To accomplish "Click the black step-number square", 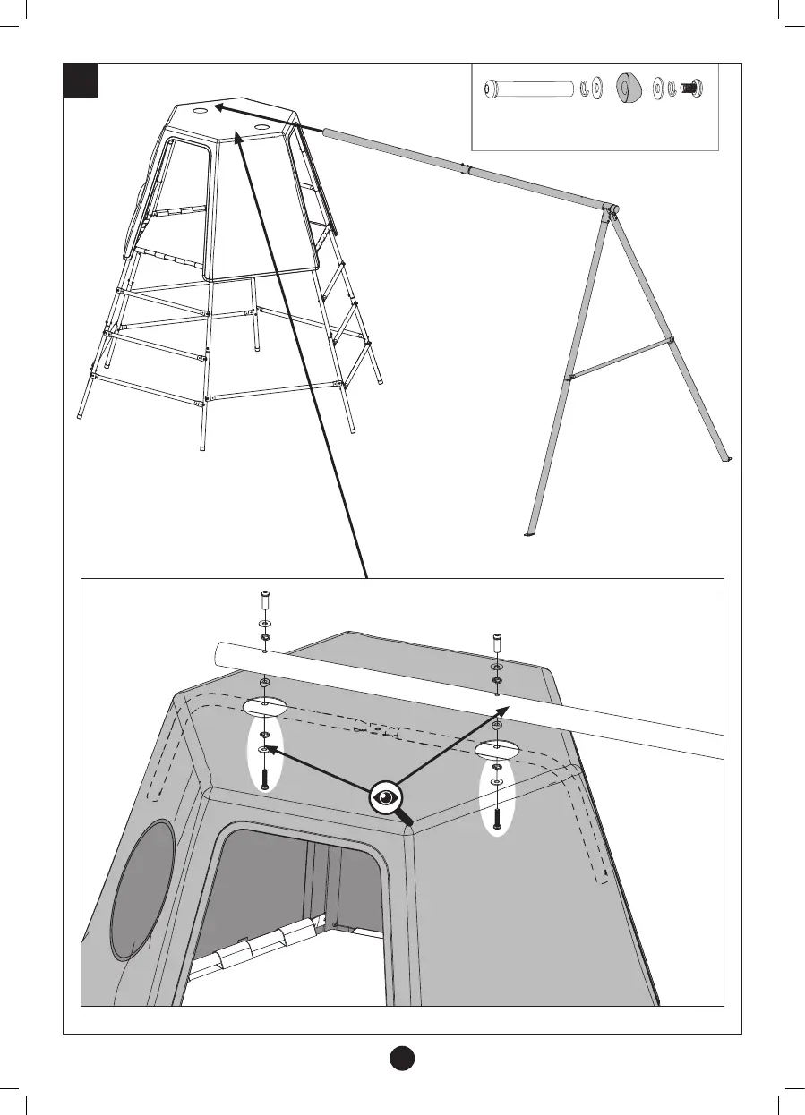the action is click(80, 81).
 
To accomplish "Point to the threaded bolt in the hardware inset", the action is click(689, 89).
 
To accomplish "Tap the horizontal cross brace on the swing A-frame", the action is click(620, 360).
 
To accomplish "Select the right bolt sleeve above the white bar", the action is click(497, 642).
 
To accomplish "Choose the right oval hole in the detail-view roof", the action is click(498, 748).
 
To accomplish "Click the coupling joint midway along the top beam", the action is click(464, 168).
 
